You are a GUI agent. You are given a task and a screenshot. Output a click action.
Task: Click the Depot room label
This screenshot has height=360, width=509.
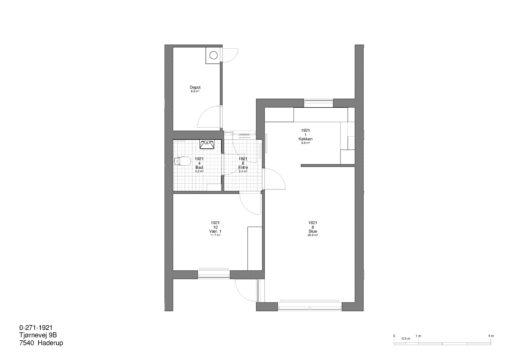[x=195, y=87]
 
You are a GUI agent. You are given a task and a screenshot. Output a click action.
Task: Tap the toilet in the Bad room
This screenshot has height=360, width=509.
[x=181, y=162]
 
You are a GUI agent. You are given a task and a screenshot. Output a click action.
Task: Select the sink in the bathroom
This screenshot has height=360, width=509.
[x=207, y=145]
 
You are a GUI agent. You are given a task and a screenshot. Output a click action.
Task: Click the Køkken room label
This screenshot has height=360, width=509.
[x=305, y=139]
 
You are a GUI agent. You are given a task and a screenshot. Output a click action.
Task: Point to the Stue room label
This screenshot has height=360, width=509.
[x=313, y=231]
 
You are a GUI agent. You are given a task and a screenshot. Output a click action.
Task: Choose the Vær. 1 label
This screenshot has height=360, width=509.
[x=215, y=231]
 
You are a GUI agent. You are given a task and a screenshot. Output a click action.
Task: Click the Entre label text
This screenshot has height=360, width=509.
[x=243, y=167]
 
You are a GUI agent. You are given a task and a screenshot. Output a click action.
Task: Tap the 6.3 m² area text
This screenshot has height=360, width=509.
[x=195, y=91]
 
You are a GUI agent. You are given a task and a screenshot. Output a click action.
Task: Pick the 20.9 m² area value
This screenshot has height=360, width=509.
[x=313, y=235]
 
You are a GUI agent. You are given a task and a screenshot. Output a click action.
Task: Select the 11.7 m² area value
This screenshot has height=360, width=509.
[x=215, y=235]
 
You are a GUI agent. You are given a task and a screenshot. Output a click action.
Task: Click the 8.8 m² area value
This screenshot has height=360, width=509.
[x=305, y=143]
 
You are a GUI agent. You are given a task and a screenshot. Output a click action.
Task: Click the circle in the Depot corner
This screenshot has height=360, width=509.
[x=213, y=55]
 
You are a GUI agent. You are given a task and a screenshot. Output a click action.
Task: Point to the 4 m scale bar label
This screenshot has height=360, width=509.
[x=491, y=336]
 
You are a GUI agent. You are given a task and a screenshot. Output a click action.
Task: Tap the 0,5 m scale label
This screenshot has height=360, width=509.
[x=406, y=339]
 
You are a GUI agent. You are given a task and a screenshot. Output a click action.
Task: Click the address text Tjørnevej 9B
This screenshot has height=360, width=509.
[x=38, y=335]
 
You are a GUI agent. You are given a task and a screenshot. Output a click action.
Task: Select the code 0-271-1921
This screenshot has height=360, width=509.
[x=36, y=328]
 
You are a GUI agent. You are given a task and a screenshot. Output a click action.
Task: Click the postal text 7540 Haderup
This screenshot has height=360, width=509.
[x=41, y=343]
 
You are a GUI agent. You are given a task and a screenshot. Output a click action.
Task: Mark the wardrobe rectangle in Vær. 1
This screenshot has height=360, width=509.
[x=255, y=248]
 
